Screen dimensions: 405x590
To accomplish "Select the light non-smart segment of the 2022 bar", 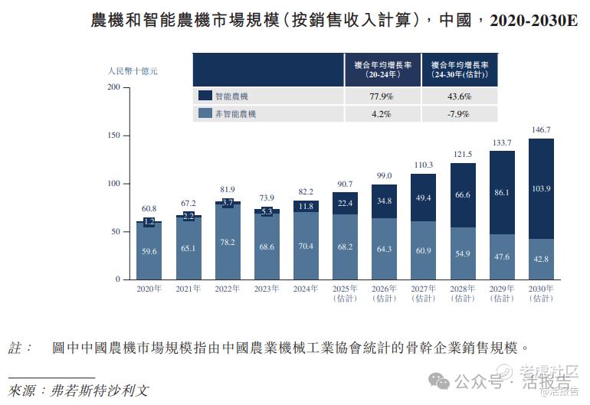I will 228,241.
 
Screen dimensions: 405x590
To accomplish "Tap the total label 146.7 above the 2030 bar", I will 541,130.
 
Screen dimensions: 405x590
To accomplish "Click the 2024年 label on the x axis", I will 306,289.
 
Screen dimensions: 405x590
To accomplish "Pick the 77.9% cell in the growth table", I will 381,96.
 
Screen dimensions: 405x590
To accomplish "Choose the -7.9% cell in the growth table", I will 459,114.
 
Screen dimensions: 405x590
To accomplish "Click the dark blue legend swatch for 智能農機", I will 205,96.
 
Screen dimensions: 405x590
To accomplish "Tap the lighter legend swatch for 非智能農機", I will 205,114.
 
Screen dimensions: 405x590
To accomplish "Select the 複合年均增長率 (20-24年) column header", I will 381,70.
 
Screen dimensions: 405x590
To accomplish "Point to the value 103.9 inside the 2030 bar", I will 541,188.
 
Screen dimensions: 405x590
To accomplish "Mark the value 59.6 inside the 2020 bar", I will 149,250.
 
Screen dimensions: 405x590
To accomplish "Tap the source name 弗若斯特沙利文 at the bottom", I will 100,390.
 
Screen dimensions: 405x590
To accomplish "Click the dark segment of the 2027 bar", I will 423,198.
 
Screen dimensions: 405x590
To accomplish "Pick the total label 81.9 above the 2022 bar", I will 228,189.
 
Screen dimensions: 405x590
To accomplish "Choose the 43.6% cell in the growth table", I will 459,96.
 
